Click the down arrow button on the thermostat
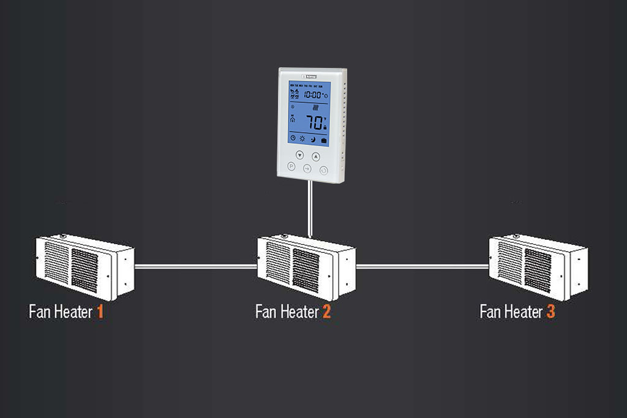pos(299,155)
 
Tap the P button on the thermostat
pos(291,166)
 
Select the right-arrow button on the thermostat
pos(308,168)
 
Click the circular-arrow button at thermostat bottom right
pos(324,170)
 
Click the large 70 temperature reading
pos(315,122)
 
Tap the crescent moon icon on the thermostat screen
pos(312,140)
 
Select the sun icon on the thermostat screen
pos(302,139)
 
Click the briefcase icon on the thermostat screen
pos(324,140)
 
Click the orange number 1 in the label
pos(100,312)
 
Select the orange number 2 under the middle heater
pos(326,312)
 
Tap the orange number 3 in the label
pos(550,312)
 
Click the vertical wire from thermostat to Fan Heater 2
pos(310,208)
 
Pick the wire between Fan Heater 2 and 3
pos(422,266)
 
